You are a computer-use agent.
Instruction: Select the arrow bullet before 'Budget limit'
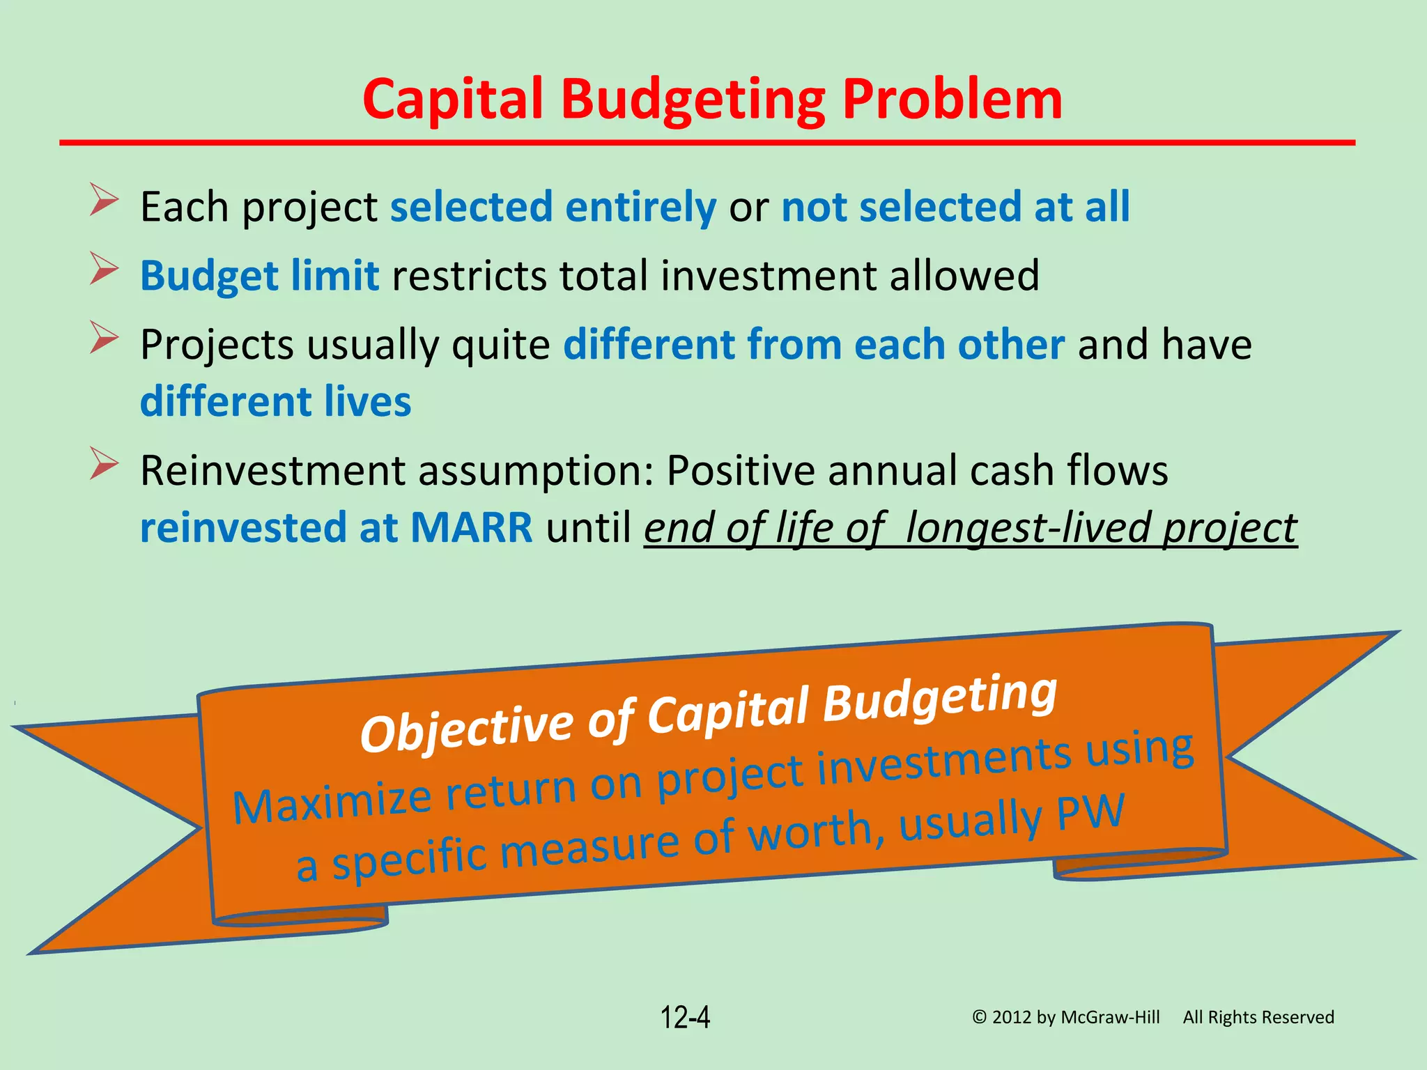105,270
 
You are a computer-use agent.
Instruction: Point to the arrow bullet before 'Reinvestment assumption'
105,465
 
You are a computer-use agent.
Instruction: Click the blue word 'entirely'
640,207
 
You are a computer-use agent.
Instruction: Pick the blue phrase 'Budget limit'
259,276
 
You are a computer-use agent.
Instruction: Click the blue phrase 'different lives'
275,402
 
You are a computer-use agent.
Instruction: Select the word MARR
471,527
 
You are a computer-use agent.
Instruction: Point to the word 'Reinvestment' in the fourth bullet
272,471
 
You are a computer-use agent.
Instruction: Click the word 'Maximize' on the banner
332,803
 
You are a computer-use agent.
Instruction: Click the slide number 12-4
685,1018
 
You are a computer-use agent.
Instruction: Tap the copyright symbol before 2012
980,1018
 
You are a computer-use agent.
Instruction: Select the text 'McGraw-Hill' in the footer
1110,1018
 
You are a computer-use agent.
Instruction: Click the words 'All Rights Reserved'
1258,1018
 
